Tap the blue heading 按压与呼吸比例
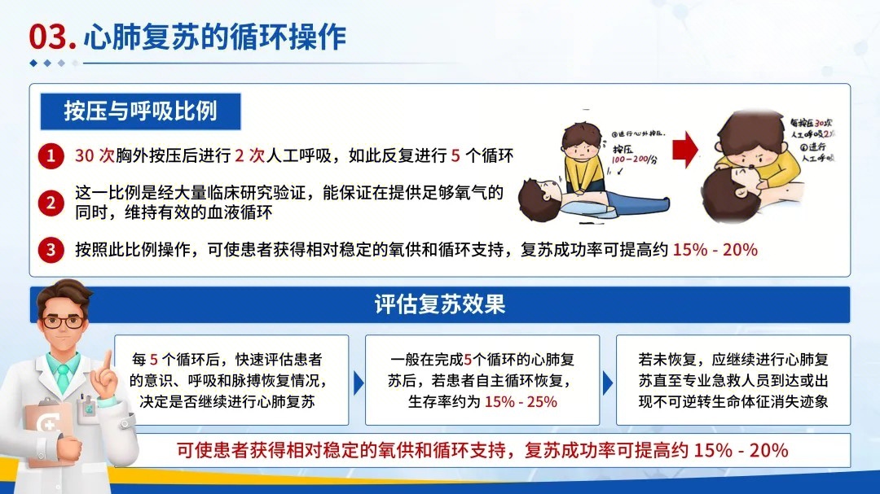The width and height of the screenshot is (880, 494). click(140, 111)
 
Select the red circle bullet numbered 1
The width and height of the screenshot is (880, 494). click(51, 156)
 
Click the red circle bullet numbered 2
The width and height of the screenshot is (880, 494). click(51, 203)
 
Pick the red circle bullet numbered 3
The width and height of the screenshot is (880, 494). click(51, 250)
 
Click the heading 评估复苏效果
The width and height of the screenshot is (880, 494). click(440, 304)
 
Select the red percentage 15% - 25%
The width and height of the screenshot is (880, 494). click(521, 401)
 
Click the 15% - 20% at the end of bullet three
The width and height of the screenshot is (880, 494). click(715, 250)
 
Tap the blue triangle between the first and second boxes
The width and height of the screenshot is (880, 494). click(359, 382)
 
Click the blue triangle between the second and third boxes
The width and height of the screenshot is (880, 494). click(608, 382)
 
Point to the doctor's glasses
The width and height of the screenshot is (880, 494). click(64, 321)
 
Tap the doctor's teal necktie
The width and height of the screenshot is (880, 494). click(63, 378)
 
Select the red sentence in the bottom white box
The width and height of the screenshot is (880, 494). click(482, 450)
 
